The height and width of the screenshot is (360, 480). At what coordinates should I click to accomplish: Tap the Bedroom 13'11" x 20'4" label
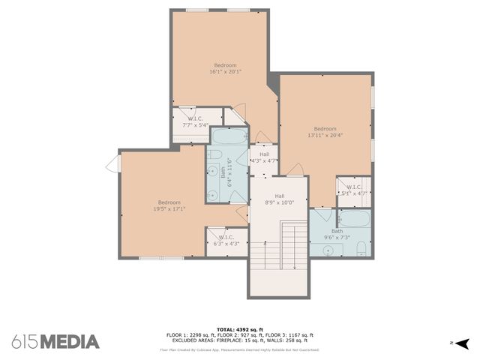325,132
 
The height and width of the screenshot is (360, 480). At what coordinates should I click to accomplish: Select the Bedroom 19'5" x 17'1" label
169,205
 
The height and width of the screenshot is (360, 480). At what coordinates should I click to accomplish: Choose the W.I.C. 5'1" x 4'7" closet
354,190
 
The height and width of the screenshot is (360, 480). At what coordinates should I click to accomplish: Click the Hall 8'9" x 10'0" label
279,198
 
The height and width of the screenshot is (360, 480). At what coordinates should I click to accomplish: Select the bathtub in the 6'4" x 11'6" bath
229,137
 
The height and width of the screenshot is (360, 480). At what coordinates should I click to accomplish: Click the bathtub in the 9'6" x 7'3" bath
354,219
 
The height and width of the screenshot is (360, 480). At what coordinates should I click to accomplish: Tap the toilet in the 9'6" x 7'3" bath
361,248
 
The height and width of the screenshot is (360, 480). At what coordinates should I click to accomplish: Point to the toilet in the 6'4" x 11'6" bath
214,154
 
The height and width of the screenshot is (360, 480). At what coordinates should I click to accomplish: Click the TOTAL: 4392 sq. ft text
240,329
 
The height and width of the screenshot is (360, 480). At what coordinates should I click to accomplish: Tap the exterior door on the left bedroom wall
114,163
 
